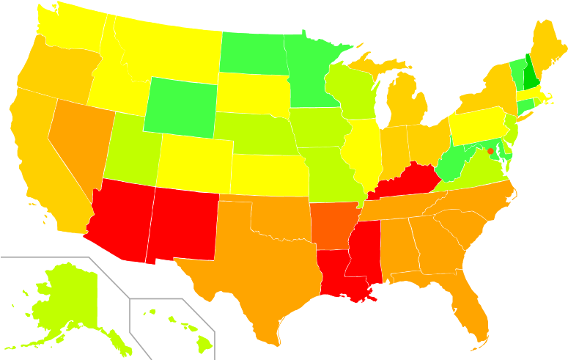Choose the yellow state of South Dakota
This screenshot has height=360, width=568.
[x=253, y=95]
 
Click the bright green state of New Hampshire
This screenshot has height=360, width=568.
[x=529, y=74]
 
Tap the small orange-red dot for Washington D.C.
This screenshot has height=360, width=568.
[x=490, y=151]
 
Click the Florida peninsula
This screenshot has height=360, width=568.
[x=473, y=308]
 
